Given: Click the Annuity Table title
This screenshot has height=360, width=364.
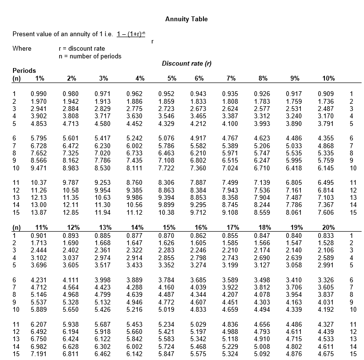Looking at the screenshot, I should click(x=186, y=19).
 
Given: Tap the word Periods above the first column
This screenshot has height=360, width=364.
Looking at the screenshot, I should click(x=24, y=70).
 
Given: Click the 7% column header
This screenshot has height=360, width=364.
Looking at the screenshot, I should click(x=231, y=78).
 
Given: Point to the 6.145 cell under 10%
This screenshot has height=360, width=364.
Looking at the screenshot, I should click(x=326, y=168).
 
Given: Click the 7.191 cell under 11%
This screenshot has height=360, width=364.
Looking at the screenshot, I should click(x=39, y=354).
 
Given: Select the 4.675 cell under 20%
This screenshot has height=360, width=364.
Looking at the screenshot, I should click(x=326, y=354).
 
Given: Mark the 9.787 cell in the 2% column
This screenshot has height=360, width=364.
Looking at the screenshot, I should click(x=71, y=183).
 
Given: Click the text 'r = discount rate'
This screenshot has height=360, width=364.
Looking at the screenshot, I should click(x=81, y=49).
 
